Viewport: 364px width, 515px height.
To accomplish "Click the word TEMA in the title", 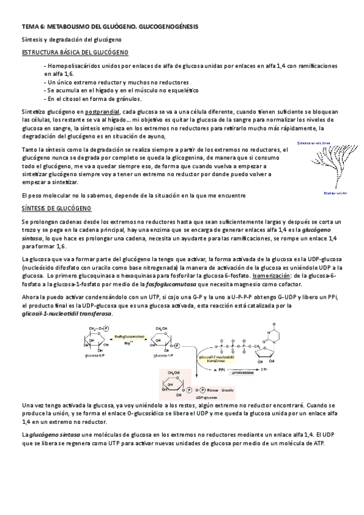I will tap(29, 27).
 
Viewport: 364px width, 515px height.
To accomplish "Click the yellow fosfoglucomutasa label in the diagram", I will tap(131, 335).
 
